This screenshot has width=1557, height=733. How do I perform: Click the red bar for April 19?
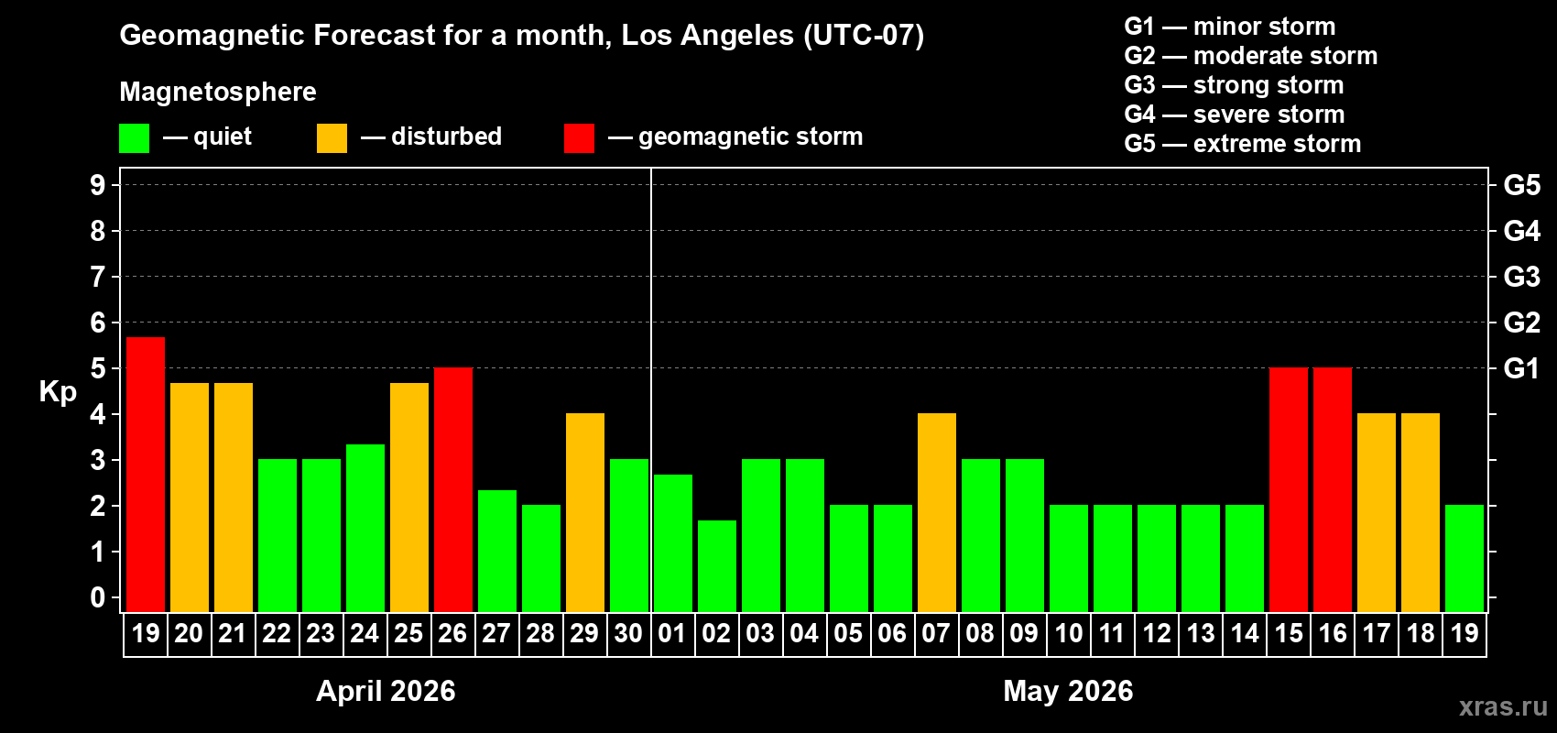(x=146, y=475)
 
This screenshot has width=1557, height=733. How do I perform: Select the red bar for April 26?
(x=453, y=489)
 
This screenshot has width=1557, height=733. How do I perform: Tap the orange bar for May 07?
(x=937, y=512)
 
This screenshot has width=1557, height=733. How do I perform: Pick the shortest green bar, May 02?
(x=717, y=565)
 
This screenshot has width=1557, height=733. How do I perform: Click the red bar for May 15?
(x=1289, y=489)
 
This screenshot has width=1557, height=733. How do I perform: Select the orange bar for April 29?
(x=585, y=512)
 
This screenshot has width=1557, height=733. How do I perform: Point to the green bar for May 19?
(x=1464, y=558)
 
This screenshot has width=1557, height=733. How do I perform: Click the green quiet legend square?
(x=134, y=138)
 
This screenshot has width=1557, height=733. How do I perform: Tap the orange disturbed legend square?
(x=332, y=138)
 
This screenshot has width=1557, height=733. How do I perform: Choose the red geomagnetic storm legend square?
(x=579, y=138)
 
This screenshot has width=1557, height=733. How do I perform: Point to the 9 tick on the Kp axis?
(x=98, y=185)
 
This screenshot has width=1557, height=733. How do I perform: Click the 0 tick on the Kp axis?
(x=98, y=597)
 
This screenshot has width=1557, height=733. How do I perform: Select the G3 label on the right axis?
(x=1521, y=277)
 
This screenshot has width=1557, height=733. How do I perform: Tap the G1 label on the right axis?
(x=1521, y=368)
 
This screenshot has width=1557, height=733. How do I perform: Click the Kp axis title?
(x=58, y=392)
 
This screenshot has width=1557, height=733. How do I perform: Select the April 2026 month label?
(x=386, y=691)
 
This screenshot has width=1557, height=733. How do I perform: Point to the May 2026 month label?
(x=1068, y=691)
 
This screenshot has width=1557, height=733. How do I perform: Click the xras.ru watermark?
(x=1502, y=706)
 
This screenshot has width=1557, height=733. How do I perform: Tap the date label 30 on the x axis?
(x=628, y=633)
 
